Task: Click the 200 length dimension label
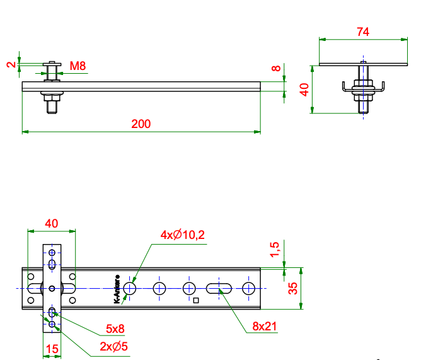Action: [x=141, y=124]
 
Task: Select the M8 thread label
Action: [x=78, y=66]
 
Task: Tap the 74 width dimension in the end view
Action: [x=363, y=32]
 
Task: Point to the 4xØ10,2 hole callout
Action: [x=183, y=235]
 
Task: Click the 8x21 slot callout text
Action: [x=265, y=326]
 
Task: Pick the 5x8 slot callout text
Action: [x=115, y=328]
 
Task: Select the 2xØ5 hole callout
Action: [x=113, y=346]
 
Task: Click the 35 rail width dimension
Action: [x=293, y=288]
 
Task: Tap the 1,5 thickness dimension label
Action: [x=275, y=250]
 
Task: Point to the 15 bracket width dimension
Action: [x=52, y=349]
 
